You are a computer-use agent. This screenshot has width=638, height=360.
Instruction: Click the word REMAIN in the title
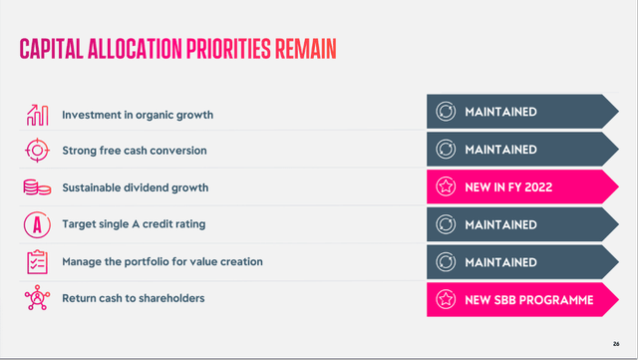293,48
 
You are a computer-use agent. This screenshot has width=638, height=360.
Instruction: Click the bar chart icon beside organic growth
37,113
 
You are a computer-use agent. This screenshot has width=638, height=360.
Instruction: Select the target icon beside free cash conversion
37,150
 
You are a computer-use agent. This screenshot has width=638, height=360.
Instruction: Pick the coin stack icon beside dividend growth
37,186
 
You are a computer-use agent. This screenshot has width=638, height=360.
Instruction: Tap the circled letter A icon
37,224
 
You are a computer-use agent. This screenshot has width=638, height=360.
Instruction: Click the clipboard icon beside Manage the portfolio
37,261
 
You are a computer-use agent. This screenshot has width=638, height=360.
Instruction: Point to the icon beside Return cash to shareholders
37,298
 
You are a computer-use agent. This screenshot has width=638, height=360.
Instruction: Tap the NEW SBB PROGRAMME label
529,299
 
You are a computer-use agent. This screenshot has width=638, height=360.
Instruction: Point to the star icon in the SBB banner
446,299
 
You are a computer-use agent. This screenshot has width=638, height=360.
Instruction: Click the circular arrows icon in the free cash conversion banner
446,150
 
